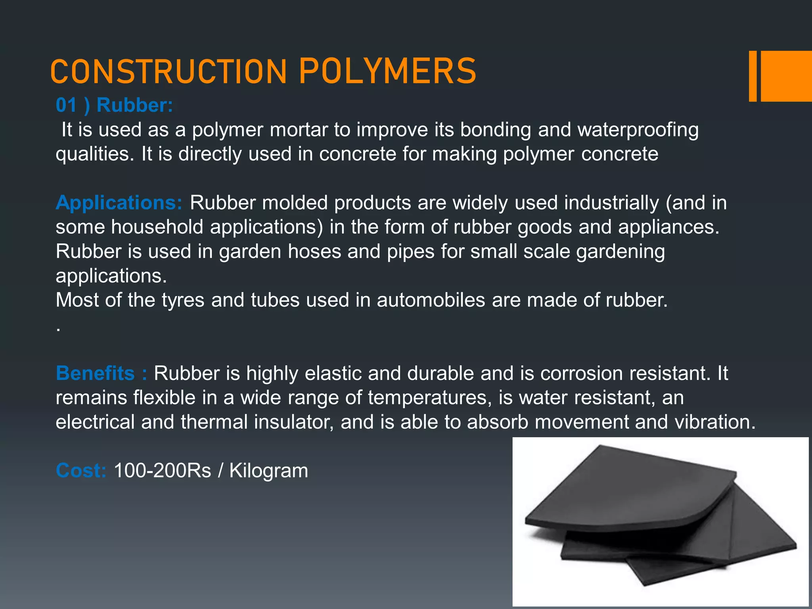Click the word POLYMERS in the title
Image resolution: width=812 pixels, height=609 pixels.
tap(387, 71)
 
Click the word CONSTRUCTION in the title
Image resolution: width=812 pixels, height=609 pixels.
tap(169, 72)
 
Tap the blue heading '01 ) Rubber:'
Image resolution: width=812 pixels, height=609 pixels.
tap(114, 105)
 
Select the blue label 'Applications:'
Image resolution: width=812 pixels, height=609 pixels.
tap(119, 203)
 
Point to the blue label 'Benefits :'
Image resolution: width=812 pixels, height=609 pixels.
tap(101, 373)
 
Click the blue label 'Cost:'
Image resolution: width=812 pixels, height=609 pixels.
tap(81, 471)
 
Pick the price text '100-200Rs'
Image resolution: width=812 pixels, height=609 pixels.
tap(163, 471)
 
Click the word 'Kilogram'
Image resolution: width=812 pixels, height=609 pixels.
tap(268, 471)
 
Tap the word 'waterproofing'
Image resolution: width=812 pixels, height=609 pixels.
tap(638, 130)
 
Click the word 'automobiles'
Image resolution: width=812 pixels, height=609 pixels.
tap(431, 300)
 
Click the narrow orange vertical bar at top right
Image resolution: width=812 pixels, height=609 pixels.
tap(753, 76)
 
